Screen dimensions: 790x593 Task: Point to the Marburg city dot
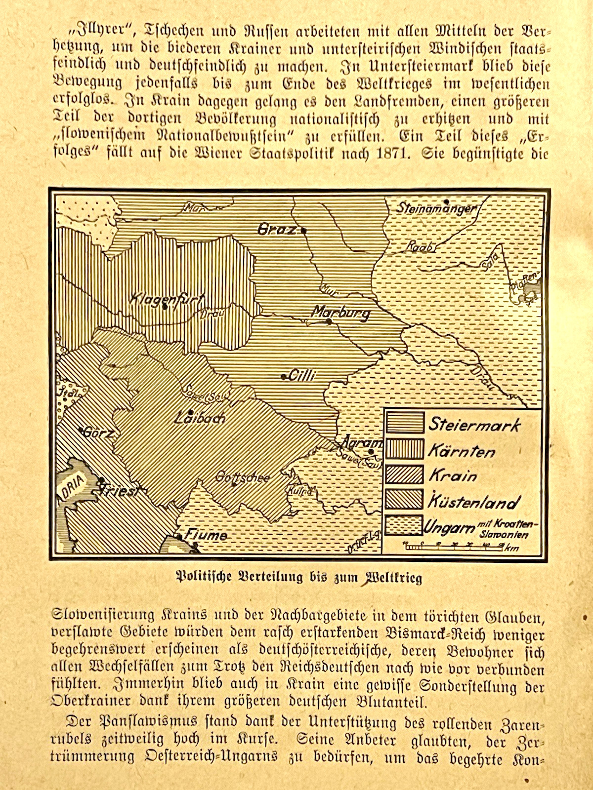[329, 322]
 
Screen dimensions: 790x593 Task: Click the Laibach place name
[200, 418]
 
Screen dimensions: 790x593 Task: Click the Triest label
[120, 488]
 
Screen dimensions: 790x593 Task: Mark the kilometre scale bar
[452, 546]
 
